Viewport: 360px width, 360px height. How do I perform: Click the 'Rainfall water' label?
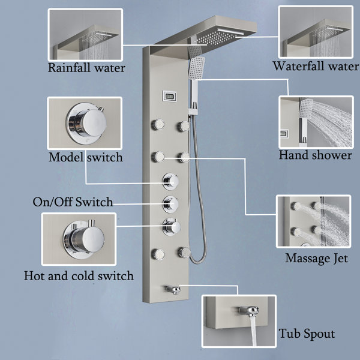(x=86, y=67)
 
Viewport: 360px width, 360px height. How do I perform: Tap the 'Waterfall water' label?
(x=315, y=66)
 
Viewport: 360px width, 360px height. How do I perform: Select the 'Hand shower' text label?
(x=315, y=155)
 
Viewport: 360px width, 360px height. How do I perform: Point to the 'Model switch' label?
(x=86, y=157)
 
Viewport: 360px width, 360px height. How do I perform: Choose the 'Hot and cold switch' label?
(x=79, y=276)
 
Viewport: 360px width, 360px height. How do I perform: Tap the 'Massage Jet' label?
(x=316, y=259)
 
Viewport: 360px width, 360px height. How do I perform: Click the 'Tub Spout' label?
(x=307, y=334)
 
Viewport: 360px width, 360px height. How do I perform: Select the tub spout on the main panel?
(x=175, y=290)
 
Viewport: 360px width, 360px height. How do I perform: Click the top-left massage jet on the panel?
(x=159, y=125)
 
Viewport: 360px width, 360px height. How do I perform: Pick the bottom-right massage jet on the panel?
(x=184, y=252)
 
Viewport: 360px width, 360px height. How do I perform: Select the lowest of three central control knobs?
(x=170, y=226)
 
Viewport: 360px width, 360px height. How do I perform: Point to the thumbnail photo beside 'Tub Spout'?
(x=239, y=322)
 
